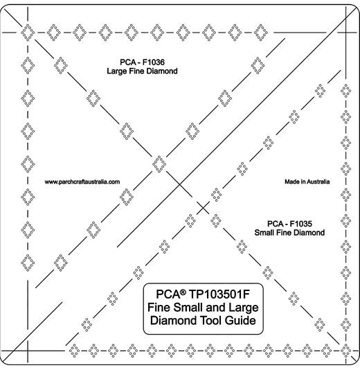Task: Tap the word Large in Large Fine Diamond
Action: pyautogui.click(x=116, y=71)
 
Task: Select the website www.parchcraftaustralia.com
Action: pyautogui.click(x=82, y=182)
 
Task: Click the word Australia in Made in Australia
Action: pyautogui.click(x=318, y=182)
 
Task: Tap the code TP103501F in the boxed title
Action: pyautogui.click(x=219, y=294)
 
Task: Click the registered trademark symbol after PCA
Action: pyautogui.click(x=183, y=292)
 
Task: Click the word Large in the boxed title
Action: pyautogui.click(x=244, y=308)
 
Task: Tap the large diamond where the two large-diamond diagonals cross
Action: pyautogui.click(x=159, y=164)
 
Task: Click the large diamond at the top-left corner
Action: pyautogui.click(x=28, y=32)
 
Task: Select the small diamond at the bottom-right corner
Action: pyautogui.click(x=345, y=351)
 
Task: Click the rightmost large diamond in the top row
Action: pyautogui.click(x=261, y=32)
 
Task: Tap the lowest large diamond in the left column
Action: pyautogui.click(x=28, y=263)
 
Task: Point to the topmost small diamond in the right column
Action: pyautogui.click(x=345, y=91)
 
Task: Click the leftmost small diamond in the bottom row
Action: pyautogui.click(x=74, y=351)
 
